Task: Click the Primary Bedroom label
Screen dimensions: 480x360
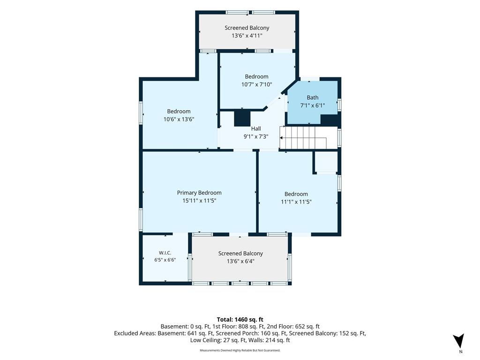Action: [199, 193]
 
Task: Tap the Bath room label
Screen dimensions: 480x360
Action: [313, 97]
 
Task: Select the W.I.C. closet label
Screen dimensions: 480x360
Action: [165, 253]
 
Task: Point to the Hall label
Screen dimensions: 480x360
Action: [256, 128]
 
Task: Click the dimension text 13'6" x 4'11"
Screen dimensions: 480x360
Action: [247, 36]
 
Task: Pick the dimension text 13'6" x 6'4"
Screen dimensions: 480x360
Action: [240, 261]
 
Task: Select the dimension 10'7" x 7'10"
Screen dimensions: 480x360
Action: [256, 84]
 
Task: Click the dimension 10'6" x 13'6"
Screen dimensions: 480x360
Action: [179, 119]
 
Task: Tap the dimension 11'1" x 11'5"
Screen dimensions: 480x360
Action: [296, 202]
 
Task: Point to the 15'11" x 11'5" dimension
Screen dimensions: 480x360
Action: [199, 201]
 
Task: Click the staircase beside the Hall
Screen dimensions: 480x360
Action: [308, 138]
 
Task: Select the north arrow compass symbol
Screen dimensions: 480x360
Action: [459, 340]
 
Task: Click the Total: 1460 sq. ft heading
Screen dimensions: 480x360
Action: [240, 320]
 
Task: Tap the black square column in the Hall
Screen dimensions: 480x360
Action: [242, 118]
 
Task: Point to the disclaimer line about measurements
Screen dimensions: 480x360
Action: [240, 350]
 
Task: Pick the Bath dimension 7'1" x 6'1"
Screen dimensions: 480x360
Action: [313, 105]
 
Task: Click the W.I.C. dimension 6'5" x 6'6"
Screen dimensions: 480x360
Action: [165, 260]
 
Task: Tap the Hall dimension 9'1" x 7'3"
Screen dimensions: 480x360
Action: [256, 136]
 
